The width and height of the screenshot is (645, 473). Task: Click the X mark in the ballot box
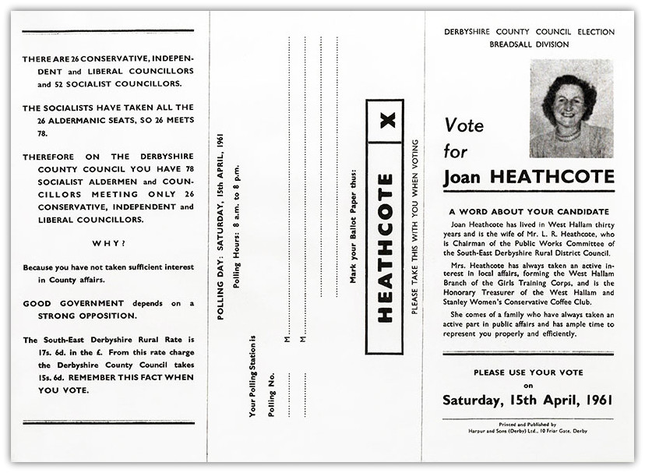pos(386,119)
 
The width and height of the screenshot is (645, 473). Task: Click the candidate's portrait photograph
pos(571,108)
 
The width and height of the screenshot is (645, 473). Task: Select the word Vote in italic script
pos(464,125)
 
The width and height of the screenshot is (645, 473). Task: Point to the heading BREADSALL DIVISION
pos(528,44)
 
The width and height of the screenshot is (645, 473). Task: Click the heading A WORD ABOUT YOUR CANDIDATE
pos(528,211)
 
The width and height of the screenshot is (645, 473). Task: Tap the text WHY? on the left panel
pos(108,242)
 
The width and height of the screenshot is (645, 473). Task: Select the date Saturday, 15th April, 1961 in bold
pos(528,401)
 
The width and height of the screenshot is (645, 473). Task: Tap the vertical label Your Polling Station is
pos(252,376)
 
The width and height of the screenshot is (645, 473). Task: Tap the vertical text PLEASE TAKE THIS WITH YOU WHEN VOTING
pos(414,227)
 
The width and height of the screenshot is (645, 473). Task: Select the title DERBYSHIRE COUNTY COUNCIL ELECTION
pos(528,32)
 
